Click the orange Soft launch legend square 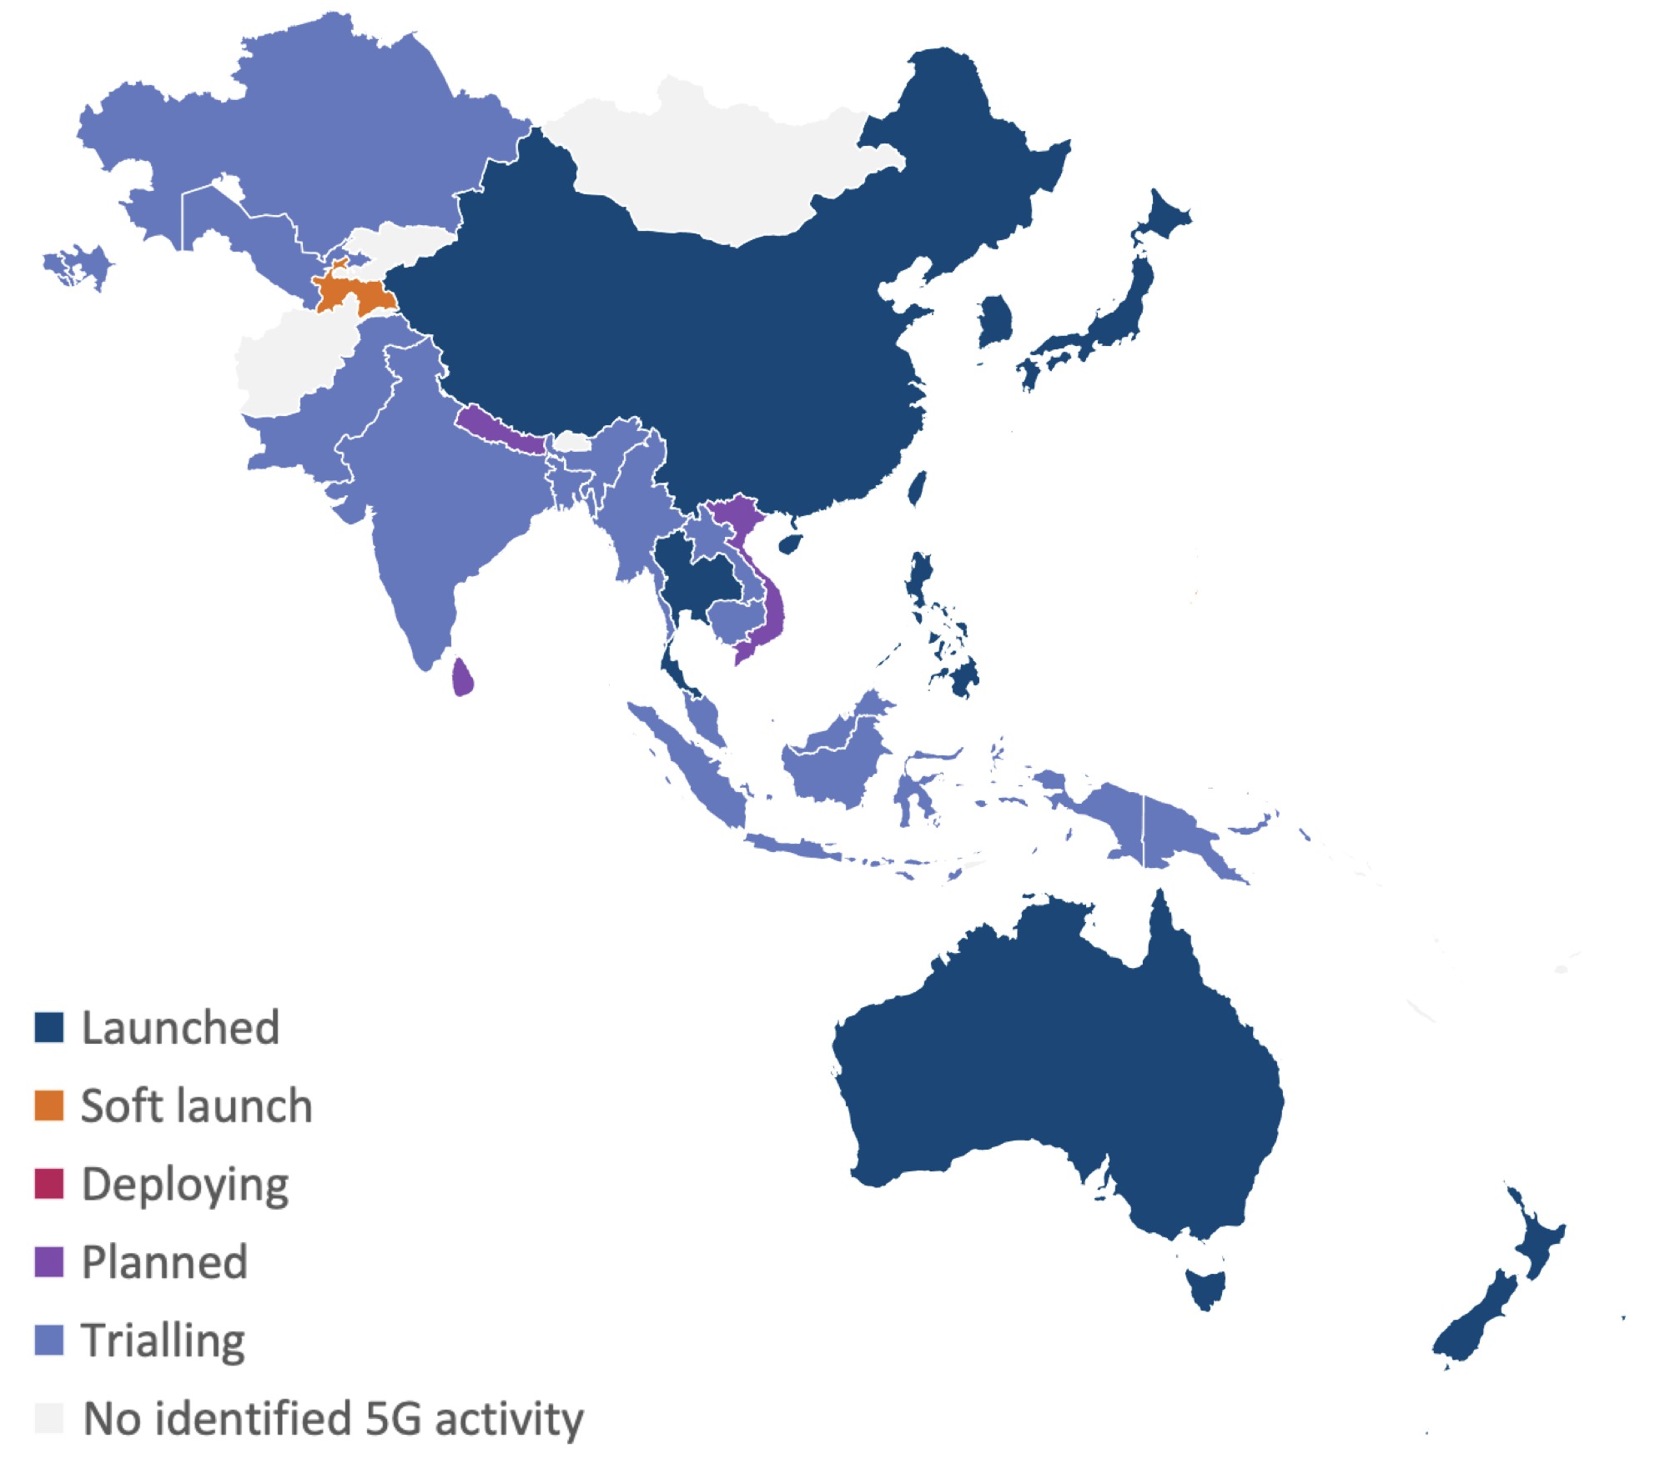click(48, 1105)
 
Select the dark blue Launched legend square click(48, 1027)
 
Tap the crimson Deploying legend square click(48, 1183)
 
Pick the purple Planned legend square click(48, 1261)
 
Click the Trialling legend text click(163, 1340)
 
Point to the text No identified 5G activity click(334, 1418)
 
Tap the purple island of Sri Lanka click(462, 677)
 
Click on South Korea click(995, 320)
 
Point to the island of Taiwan click(918, 488)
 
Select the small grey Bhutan click(573, 442)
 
